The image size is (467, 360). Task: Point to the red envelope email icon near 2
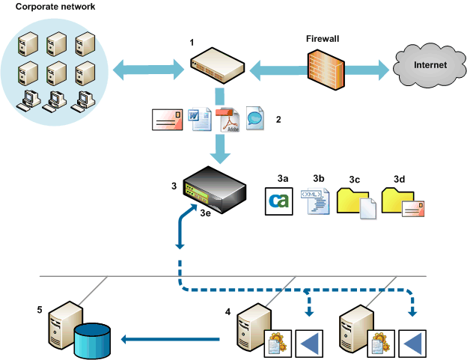click(167, 119)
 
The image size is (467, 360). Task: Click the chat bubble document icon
click(255, 117)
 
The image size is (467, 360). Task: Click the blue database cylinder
click(97, 341)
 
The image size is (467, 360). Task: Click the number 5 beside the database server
click(40, 308)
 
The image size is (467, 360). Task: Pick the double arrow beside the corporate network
click(148, 71)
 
